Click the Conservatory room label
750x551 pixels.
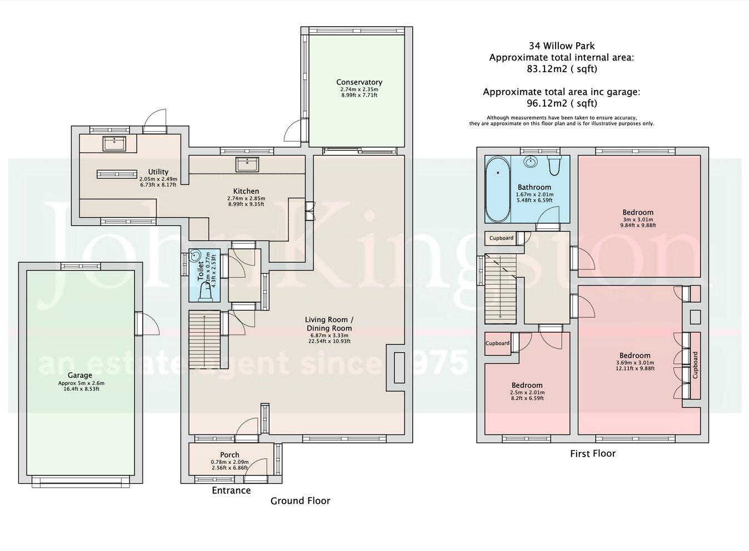pos(359,82)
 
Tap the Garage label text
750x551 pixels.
pos(80,375)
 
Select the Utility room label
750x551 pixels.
pos(158,172)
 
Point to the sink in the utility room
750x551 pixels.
pos(114,143)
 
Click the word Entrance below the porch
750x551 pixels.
pos(231,490)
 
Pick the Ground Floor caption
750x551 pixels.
pos(300,501)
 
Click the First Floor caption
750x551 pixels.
pos(593,454)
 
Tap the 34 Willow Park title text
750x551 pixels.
pos(562,46)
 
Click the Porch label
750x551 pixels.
pos(229,455)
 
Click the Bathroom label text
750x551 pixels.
pos(534,187)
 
